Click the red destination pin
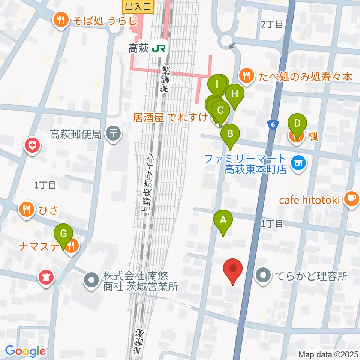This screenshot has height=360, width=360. coord(233,270)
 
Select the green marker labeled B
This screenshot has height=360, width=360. coord(230,134)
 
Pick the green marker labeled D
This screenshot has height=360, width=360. coord(297,124)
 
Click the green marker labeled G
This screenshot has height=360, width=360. coord(64,234)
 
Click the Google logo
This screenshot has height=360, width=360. coord(25,351)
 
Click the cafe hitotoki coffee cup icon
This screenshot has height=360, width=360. coord(351,199)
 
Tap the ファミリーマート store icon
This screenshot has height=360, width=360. coord(298,162)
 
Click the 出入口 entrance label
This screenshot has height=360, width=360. coord(138,6)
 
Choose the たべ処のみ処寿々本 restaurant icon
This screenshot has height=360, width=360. coord(246,76)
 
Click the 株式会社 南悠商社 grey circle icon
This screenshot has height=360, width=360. coord(91,280)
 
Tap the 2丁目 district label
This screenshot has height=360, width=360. coord(271,25)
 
